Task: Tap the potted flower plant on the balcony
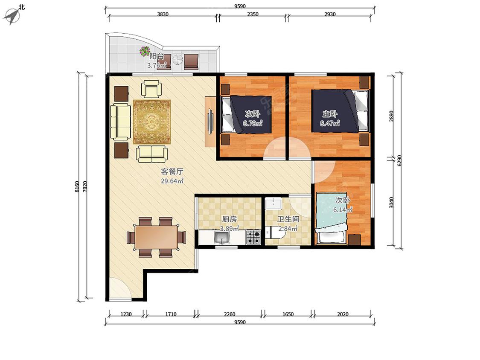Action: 145,51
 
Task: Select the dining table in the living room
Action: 157,237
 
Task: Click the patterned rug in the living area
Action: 151,122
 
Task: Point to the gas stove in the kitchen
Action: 253,237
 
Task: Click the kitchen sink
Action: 222,237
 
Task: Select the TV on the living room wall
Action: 210,121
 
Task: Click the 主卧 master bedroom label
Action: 329,114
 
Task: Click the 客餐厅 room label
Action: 172,171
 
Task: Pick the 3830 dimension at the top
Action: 163,14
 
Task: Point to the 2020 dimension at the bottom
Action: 343,314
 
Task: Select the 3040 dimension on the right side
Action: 392,202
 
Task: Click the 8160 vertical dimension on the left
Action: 77,187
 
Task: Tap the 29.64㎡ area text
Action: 172,181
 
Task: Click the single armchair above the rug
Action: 151,88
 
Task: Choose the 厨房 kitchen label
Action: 229,219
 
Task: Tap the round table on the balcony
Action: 177,60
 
